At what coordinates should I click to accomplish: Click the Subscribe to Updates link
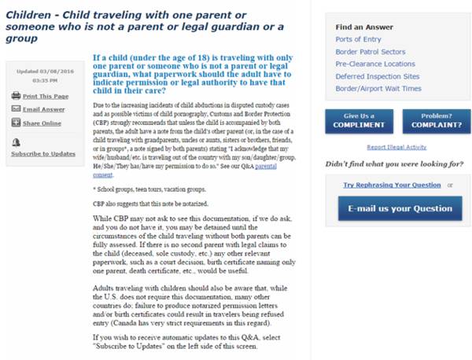click(x=42, y=152)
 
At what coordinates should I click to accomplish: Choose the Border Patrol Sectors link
click(x=369, y=51)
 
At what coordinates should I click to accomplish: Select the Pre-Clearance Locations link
click(x=375, y=64)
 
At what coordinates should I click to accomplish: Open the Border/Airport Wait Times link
click(x=378, y=89)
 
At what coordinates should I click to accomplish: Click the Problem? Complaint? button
click(x=431, y=120)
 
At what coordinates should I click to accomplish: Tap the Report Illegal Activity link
click(x=397, y=147)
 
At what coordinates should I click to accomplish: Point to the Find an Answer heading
click(x=363, y=27)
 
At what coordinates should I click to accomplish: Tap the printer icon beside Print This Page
click(x=16, y=95)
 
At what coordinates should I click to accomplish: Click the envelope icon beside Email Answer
click(x=16, y=108)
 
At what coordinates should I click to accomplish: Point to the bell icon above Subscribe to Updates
click(x=16, y=141)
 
